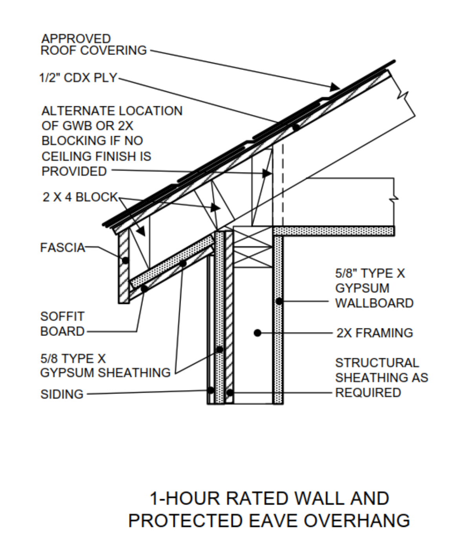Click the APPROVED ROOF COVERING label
point(93,45)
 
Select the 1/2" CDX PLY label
point(78,78)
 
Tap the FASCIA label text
point(62,248)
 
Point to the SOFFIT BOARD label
point(62,324)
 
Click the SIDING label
point(62,394)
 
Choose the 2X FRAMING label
point(374,333)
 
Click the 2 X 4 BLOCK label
point(80,197)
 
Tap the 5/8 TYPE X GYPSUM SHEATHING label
point(105,366)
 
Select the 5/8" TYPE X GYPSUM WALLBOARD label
point(374,288)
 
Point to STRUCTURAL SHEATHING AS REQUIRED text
point(381,377)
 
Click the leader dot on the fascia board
point(125,261)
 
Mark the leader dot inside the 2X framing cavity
point(257,333)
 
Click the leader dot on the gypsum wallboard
point(279,301)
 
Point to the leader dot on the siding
point(211,390)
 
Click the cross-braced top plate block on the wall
point(253,247)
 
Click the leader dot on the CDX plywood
point(296,127)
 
